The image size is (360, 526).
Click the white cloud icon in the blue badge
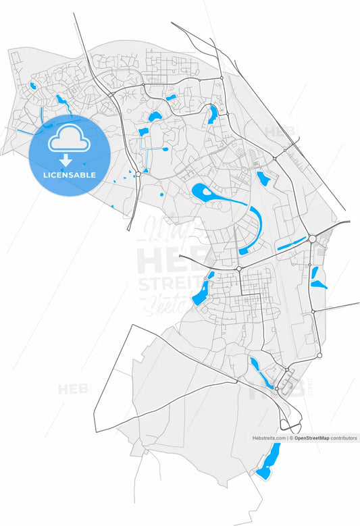(68, 140)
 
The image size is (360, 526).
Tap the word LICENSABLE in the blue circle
(69, 175)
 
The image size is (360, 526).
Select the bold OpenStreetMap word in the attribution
(311, 438)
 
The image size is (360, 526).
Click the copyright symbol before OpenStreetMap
(291, 438)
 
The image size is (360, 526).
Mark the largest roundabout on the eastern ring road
(312, 239)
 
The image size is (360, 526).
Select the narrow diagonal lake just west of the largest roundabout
(291, 244)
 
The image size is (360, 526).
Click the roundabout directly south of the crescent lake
(239, 269)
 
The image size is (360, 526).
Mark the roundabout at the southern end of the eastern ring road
(319, 354)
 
